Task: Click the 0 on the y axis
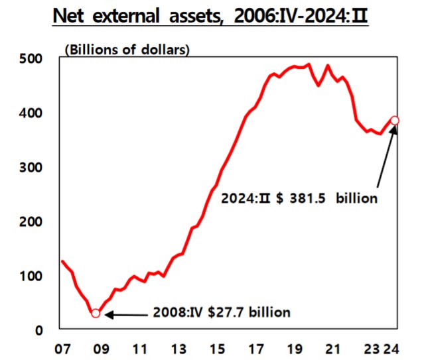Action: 39,330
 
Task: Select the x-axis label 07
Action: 63,348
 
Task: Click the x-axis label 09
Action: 101,348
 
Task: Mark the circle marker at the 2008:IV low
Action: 96,313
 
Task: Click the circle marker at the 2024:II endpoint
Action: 395,121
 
